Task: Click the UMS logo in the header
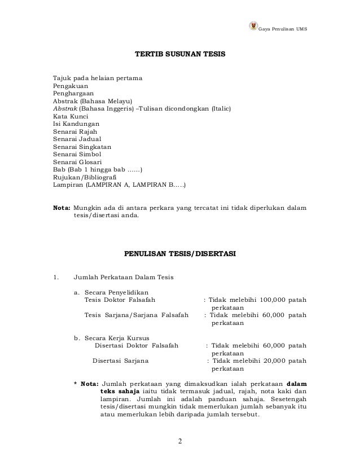pos(252,28)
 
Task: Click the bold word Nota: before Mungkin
pos(62,207)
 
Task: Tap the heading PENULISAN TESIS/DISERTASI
pos(180,254)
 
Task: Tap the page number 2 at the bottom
pos(180,441)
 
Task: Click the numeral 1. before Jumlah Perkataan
pos(55,277)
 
